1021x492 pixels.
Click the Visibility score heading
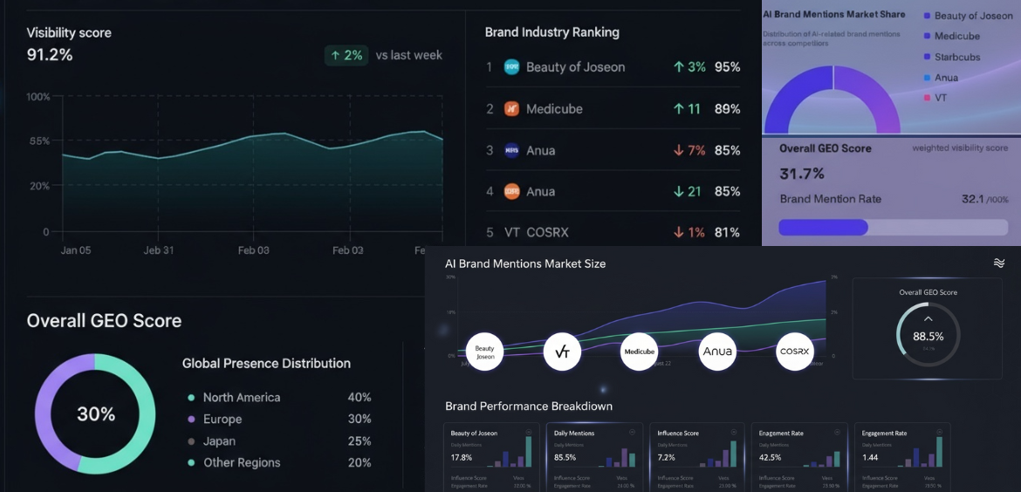coord(69,33)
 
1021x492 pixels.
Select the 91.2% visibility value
coord(50,55)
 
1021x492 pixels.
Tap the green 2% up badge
coord(346,55)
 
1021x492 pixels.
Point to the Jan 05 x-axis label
coord(76,250)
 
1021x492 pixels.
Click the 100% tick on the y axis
coord(38,97)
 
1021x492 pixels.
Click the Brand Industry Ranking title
coord(552,32)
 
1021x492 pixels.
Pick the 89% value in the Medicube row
coord(727,109)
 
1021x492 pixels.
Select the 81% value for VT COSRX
coord(727,233)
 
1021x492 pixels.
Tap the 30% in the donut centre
coord(96,414)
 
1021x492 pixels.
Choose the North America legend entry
coord(241,398)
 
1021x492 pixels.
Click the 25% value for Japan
coord(359,441)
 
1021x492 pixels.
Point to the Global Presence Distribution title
coord(266,364)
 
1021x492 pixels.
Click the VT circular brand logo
coord(562,352)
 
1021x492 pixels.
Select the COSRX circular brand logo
coord(795,352)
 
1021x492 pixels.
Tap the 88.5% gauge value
coord(928,336)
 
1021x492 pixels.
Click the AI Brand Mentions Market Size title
coord(525,263)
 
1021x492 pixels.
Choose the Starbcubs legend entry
coord(956,58)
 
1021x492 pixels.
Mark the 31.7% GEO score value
coord(801,174)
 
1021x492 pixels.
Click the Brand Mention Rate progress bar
coord(890,227)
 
